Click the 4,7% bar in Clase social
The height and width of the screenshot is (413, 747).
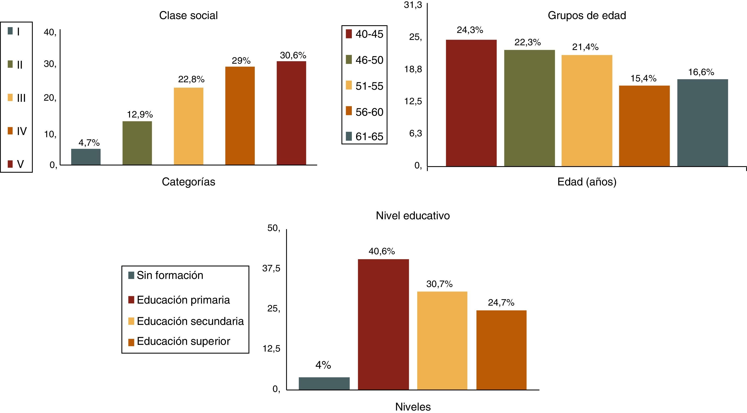pos(86,157)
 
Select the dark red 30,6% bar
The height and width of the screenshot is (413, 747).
pos(291,113)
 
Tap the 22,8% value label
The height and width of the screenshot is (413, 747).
pos(191,79)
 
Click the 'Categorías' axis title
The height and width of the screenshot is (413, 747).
pos(188,182)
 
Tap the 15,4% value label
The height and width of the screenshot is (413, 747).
pos(643,78)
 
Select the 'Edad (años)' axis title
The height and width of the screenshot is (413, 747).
pos(587,182)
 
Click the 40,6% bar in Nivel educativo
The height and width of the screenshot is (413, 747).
pos(383,324)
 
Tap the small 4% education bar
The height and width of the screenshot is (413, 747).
pos(324,383)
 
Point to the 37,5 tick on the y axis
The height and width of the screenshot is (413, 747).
pos(271,268)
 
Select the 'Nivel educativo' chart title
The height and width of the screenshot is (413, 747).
pos(413,216)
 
